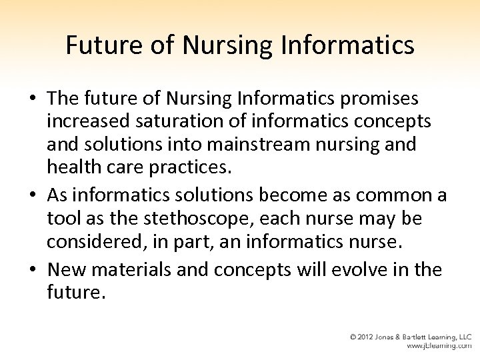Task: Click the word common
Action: (395, 197)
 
